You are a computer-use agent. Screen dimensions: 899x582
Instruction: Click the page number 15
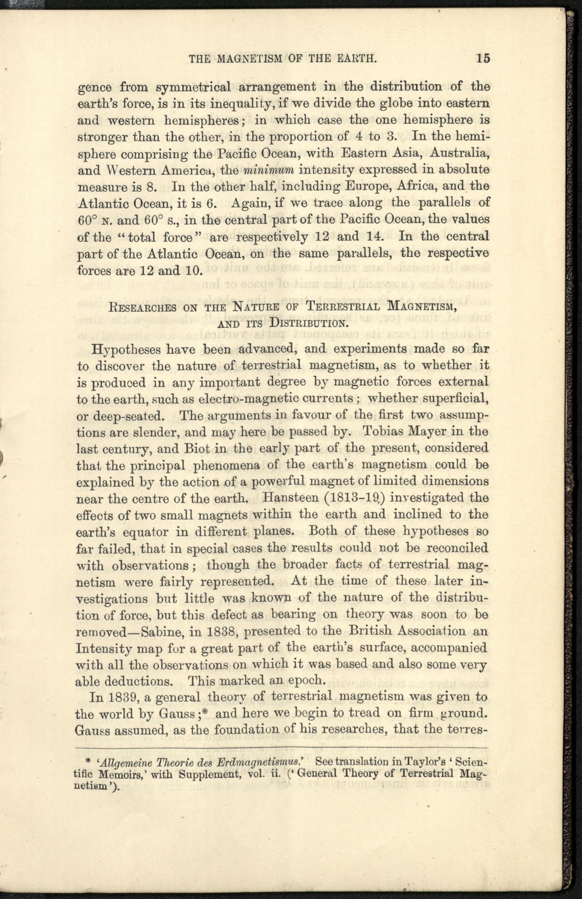click(x=483, y=59)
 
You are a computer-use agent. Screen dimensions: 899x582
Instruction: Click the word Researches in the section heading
click(x=143, y=307)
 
